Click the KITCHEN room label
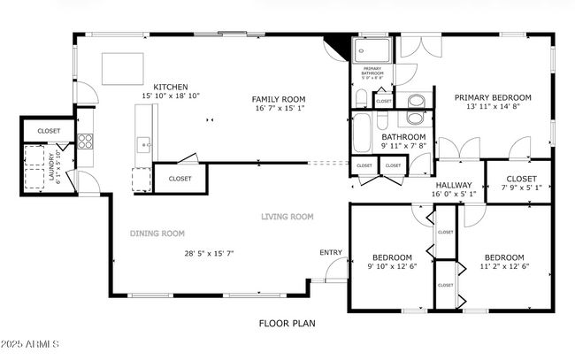(170, 87)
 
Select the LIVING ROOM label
(287, 216)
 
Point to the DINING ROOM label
(157, 234)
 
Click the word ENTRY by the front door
(331, 253)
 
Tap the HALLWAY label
(453, 185)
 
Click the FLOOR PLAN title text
(287, 324)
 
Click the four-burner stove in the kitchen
(86, 141)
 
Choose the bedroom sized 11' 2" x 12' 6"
(502, 262)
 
